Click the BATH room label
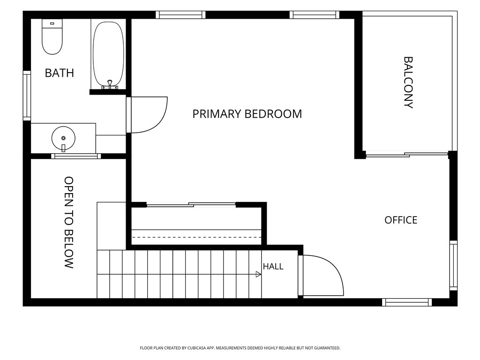click(60, 73)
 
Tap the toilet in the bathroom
click(52, 37)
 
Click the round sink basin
click(63, 138)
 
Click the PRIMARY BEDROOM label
click(247, 114)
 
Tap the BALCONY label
click(408, 82)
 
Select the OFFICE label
click(401, 220)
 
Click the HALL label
click(273, 266)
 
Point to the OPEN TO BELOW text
click(69, 223)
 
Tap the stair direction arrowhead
click(258, 275)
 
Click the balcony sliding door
click(407, 155)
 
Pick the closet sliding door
click(191, 205)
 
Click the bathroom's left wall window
click(27, 96)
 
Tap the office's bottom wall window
click(407, 302)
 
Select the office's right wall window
click(453, 265)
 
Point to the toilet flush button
click(52, 23)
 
